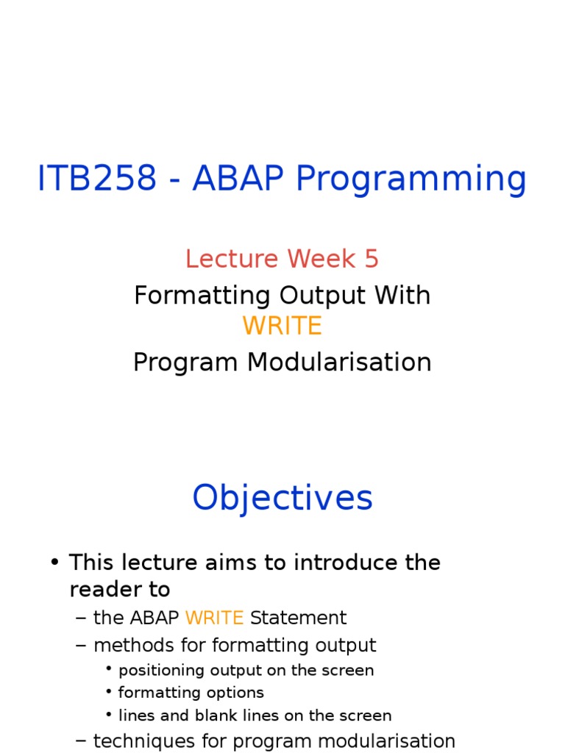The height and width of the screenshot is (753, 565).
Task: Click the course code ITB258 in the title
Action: point(96,179)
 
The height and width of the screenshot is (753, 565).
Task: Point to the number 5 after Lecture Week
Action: point(371,259)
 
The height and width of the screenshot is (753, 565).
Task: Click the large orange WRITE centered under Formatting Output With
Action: point(282,326)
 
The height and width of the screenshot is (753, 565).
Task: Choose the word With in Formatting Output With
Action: point(402,296)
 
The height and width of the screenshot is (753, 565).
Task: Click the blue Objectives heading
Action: point(282,499)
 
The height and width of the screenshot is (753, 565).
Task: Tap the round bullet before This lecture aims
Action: point(54,563)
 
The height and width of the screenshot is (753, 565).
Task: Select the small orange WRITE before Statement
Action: point(214,618)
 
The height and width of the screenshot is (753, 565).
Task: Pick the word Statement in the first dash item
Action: point(298,618)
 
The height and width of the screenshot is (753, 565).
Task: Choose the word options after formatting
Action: point(235,693)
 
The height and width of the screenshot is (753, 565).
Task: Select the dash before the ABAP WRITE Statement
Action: point(81,618)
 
